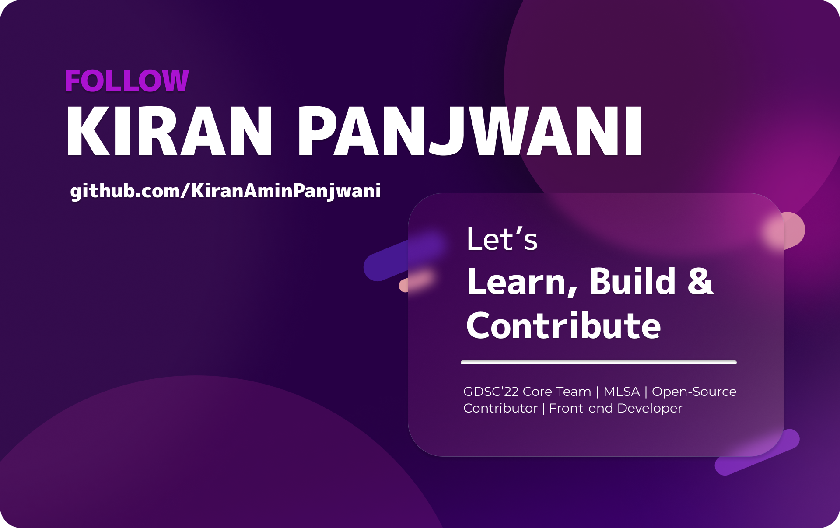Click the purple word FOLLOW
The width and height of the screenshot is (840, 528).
pos(126,81)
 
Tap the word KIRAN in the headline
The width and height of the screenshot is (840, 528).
pos(169,131)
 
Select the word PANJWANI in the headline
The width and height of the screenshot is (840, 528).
pos(470,131)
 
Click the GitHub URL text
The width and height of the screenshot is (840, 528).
pos(225,191)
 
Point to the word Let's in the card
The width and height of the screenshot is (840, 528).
pos(502,240)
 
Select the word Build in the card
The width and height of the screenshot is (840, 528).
pos(633,282)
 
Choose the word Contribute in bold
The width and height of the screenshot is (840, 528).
pos(563,326)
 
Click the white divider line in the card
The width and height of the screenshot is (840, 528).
pos(598,363)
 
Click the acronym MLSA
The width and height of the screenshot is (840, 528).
pos(621,392)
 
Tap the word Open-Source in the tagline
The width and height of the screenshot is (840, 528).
pos(694,392)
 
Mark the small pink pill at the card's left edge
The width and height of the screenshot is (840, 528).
pos(416,282)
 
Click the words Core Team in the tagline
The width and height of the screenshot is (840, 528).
pos(557,392)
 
